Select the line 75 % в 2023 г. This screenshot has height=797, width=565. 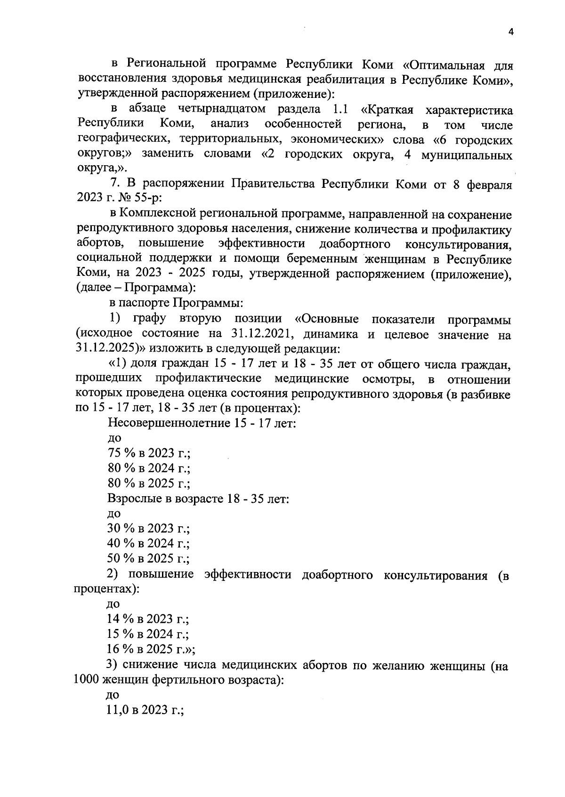pos(149,453)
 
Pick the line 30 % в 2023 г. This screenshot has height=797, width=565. pos(149,529)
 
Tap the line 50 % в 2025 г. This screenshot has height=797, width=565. pos(149,559)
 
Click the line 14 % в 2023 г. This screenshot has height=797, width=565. pos(149,619)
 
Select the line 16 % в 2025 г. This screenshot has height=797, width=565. pos(151,649)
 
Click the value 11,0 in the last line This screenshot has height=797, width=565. pos(118,710)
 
